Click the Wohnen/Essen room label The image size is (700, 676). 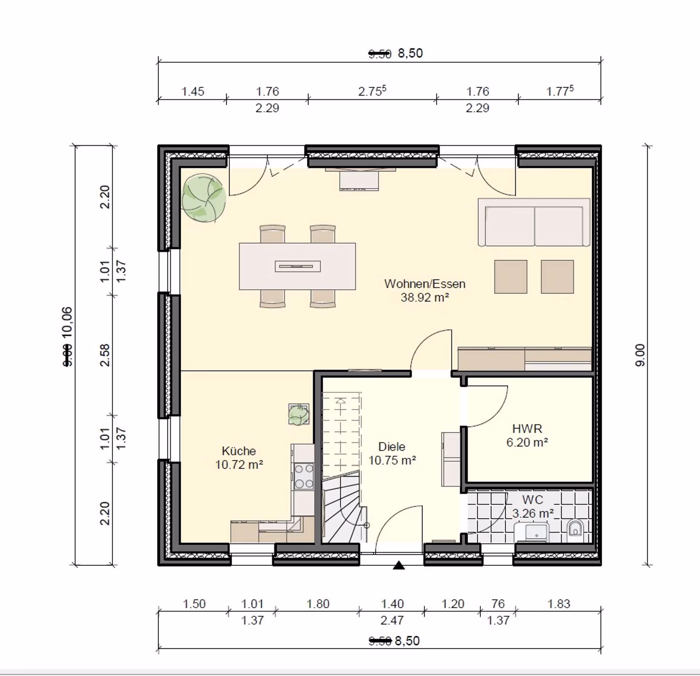click(425, 284)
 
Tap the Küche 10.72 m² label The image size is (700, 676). click(239, 457)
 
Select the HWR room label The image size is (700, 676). click(527, 429)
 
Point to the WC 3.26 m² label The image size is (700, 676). click(533, 506)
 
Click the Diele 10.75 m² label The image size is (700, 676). click(392, 453)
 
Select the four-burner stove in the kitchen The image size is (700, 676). click(304, 476)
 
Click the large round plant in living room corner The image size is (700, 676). click(203, 198)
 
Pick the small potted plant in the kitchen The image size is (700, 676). click(299, 415)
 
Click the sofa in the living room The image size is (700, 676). click(534, 223)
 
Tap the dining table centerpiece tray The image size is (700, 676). click(297, 266)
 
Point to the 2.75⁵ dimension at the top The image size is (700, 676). click(372, 91)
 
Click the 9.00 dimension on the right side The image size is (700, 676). click(640, 355)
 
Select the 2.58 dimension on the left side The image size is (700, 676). click(105, 355)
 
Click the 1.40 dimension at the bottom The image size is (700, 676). click(392, 604)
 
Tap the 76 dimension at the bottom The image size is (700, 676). click(498, 604)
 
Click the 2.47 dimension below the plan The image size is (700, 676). click(392, 620)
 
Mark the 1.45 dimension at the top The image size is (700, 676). click(193, 91)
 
